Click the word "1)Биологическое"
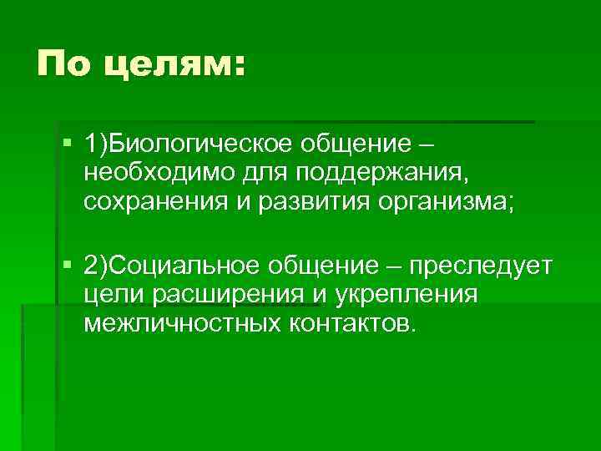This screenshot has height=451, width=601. click(x=176, y=146)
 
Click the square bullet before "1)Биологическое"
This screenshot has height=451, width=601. click(x=68, y=146)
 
